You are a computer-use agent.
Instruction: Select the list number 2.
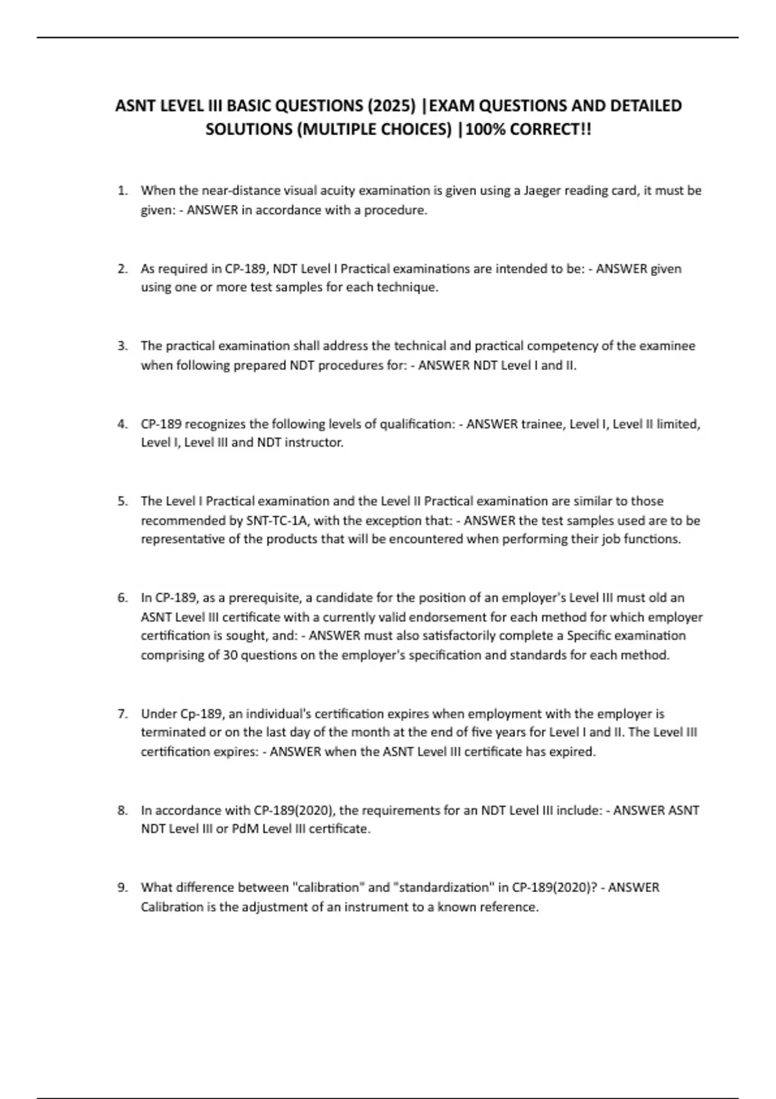click(122, 269)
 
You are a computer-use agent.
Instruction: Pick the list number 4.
click(122, 424)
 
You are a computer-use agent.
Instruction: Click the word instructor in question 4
click(314, 443)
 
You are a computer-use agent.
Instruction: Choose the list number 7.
click(122, 714)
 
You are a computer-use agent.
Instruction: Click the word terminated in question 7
click(171, 732)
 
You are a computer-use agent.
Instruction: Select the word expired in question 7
click(572, 752)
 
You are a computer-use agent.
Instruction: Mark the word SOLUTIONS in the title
click(248, 129)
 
